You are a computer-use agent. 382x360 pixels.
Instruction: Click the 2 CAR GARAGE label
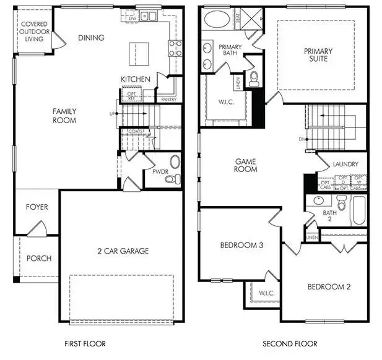123,251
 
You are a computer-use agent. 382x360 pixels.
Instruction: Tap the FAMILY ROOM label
64,116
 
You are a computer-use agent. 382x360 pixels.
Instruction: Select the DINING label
91,38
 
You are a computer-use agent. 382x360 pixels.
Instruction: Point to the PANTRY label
168,99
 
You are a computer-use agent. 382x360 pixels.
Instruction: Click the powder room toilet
176,179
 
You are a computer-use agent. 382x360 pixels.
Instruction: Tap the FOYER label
37,207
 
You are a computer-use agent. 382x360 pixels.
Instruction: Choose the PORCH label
39,258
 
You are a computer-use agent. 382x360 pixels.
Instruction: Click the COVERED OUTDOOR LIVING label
33,32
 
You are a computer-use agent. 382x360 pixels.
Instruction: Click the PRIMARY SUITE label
318,55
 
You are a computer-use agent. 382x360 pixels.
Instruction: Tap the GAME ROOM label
246,165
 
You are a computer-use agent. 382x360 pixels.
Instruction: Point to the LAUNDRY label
346,165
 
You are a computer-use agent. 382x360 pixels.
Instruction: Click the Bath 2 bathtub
359,210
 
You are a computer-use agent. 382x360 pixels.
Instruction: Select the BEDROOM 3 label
242,246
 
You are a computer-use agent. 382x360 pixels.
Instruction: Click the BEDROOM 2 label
329,286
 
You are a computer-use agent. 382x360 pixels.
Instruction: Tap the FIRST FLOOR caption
85,343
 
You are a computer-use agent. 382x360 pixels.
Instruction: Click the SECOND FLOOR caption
290,343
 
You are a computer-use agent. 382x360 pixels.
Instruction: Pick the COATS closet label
136,131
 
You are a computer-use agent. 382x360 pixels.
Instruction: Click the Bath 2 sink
318,200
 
